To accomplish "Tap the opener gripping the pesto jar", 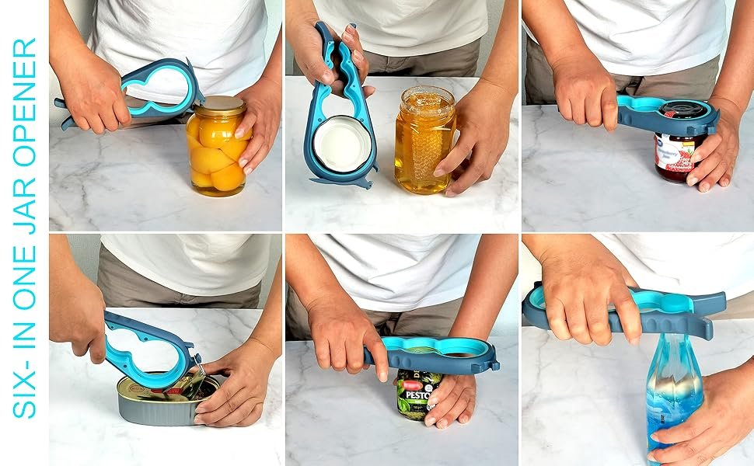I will point(443,354).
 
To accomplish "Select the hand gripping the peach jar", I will point(257,124).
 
